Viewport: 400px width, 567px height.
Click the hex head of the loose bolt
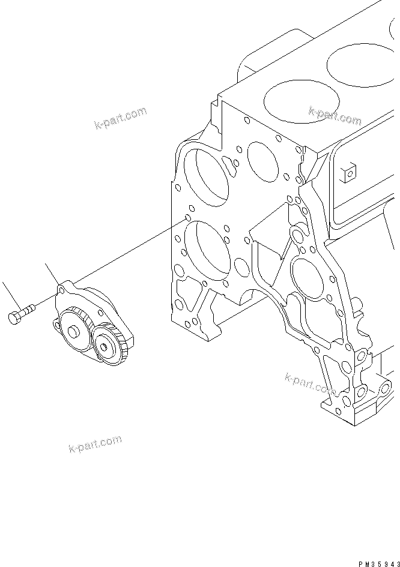point(15,317)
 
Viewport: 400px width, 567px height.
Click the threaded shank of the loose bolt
point(28,310)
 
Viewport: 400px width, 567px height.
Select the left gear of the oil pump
point(76,329)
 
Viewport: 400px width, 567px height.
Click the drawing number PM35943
point(378,563)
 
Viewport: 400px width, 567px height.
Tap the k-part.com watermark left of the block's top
point(120,118)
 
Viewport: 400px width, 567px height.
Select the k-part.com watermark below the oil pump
point(95,445)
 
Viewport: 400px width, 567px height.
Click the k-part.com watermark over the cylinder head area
point(335,115)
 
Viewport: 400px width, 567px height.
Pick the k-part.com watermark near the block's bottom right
point(310,383)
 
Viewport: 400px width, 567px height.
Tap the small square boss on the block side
point(347,174)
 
